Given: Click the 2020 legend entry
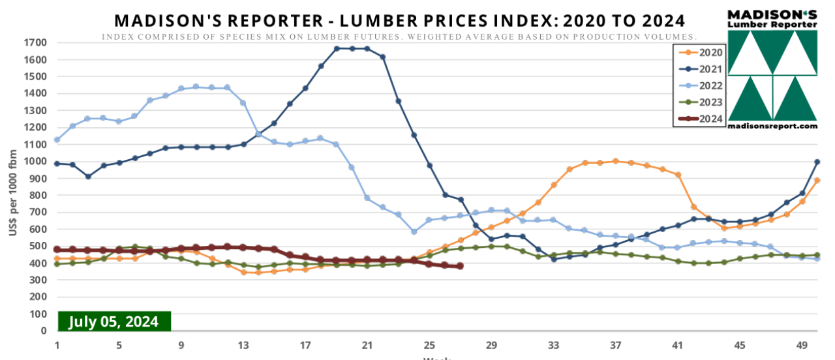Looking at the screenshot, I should [x=699, y=52].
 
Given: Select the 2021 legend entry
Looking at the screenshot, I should [x=699, y=68].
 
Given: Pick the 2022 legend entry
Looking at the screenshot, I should [x=699, y=85].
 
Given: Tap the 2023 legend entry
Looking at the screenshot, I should [x=699, y=102].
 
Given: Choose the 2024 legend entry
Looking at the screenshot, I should [x=699, y=119].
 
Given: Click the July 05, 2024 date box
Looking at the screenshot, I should [x=114, y=322].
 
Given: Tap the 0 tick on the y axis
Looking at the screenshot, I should [x=43, y=331].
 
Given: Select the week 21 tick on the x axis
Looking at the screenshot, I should [x=367, y=345].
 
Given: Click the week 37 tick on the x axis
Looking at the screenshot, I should [x=615, y=345].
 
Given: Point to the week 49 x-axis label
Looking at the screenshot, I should [x=802, y=345].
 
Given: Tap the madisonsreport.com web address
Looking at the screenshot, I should [x=772, y=126].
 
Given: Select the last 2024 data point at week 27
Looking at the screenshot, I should [x=461, y=266].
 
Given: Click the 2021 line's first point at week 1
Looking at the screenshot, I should [x=57, y=164].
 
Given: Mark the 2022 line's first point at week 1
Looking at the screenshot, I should [x=57, y=140].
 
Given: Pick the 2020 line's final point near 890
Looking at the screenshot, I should [x=817, y=181].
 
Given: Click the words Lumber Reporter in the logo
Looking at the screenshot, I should [x=773, y=24].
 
